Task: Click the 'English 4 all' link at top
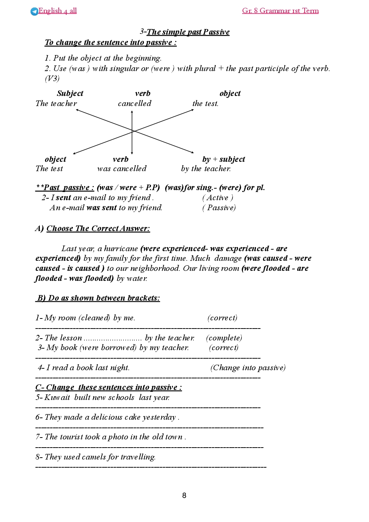pos(58,11)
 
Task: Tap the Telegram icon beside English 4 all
pos(34,12)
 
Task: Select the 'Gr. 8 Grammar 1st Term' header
pos(280,11)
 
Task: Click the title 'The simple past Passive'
pos(188,32)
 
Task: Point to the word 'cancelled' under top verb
pos(135,103)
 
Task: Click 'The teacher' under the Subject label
pos(56,103)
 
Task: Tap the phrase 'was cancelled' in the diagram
pos(122,169)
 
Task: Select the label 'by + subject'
pos(224,159)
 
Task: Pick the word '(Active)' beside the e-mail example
pos(218,198)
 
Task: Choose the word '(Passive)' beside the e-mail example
pos(219,208)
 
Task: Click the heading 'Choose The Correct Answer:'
pos(98,228)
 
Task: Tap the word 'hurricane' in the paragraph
pos(121,249)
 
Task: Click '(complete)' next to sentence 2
pos(224,338)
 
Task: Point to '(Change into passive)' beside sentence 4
pos(248,368)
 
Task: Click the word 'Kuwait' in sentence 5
pos(57,397)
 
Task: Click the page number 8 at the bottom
pos(184,496)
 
